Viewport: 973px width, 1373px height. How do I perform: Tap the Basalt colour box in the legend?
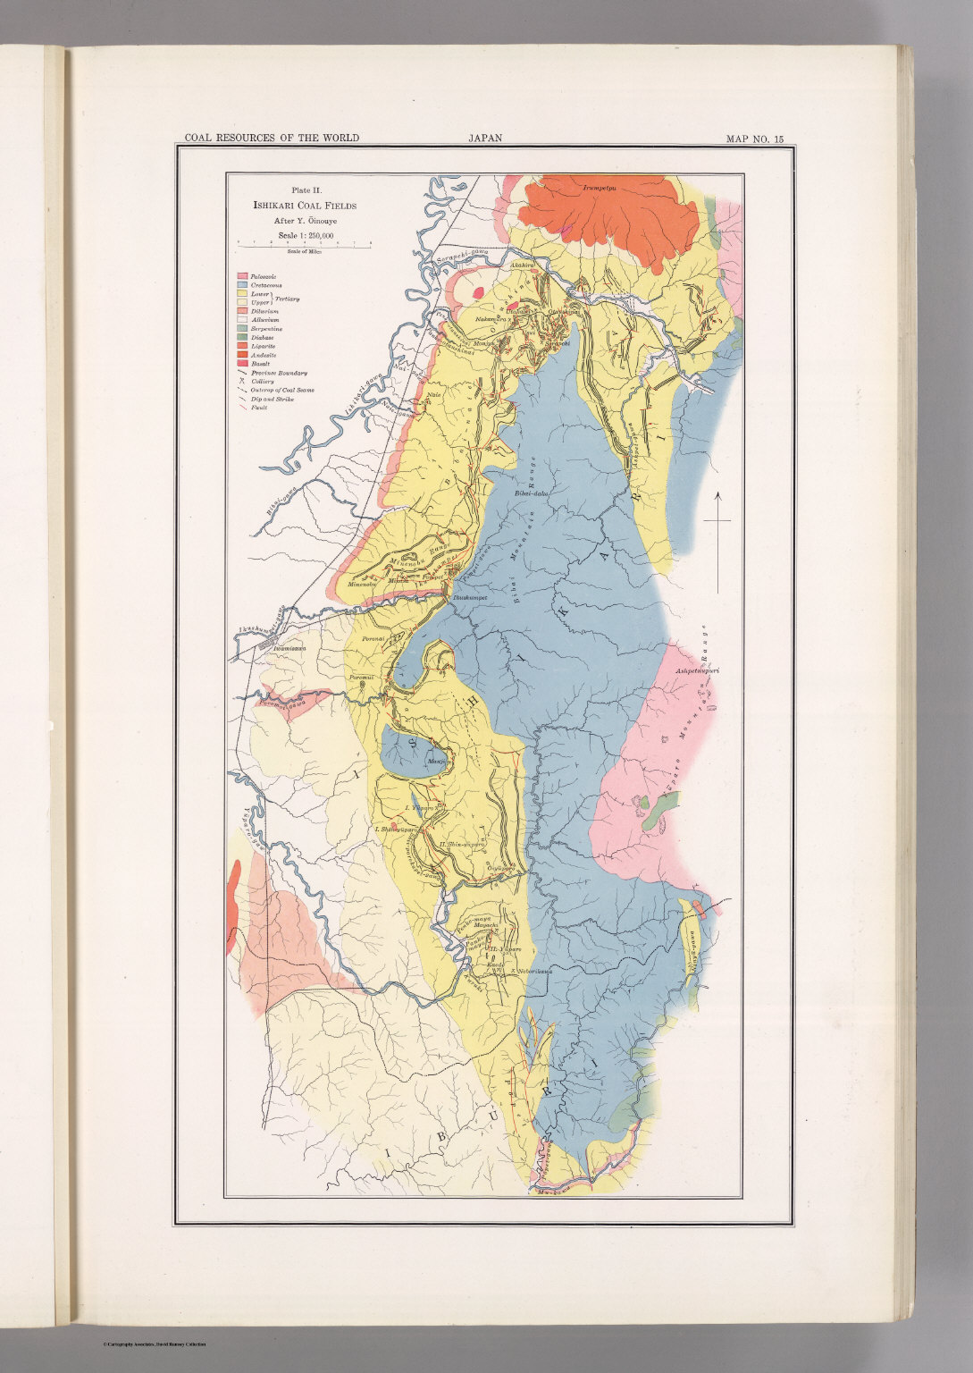click(242, 363)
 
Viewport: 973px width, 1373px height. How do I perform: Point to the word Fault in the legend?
click(259, 407)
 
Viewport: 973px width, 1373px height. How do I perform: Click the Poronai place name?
click(373, 640)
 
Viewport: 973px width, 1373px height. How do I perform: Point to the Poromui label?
click(362, 677)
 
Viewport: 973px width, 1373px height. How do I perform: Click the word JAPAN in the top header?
click(484, 139)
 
